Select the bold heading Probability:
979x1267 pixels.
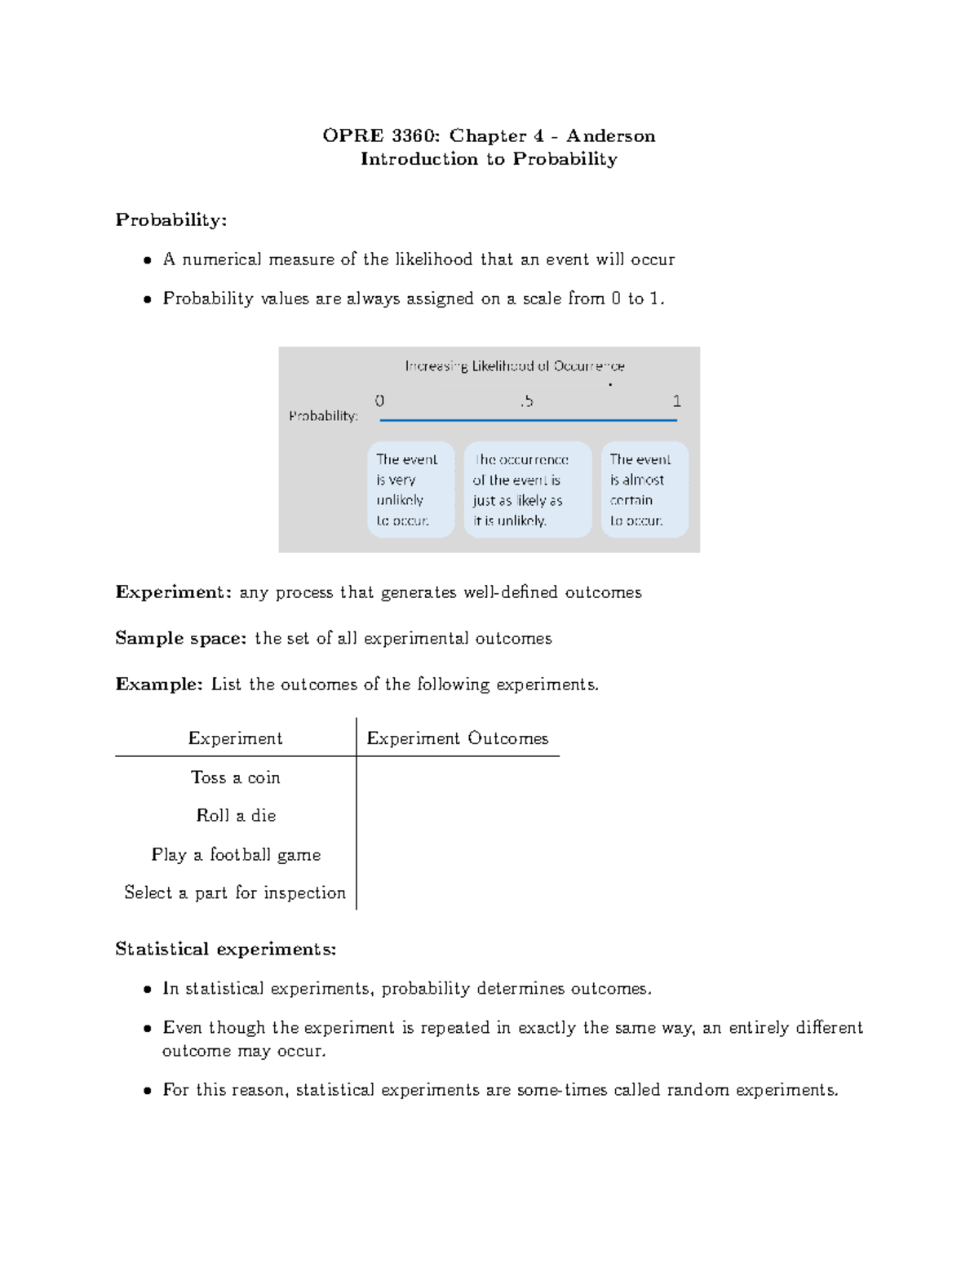click(x=171, y=220)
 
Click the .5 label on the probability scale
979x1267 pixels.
click(x=525, y=401)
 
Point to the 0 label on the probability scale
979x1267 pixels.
click(x=379, y=401)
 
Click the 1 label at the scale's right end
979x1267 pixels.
click(x=676, y=401)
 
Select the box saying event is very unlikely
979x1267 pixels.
click(x=410, y=490)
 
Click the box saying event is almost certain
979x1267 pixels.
click(x=644, y=490)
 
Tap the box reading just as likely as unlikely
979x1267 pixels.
click(x=526, y=490)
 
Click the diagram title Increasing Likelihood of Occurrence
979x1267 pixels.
click(x=515, y=366)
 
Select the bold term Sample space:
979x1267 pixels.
click(x=180, y=639)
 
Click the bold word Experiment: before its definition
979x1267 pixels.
click(x=173, y=592)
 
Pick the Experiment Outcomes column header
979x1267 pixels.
click(x=457, y=738)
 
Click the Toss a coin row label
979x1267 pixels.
click(x=235, y=777)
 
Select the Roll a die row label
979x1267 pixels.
click(x=236, y=816)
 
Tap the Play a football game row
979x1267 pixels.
click(x=236, y=855)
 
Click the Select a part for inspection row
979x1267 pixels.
click(x=235, y=893)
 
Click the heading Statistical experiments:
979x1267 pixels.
click(x=225, y=950)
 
